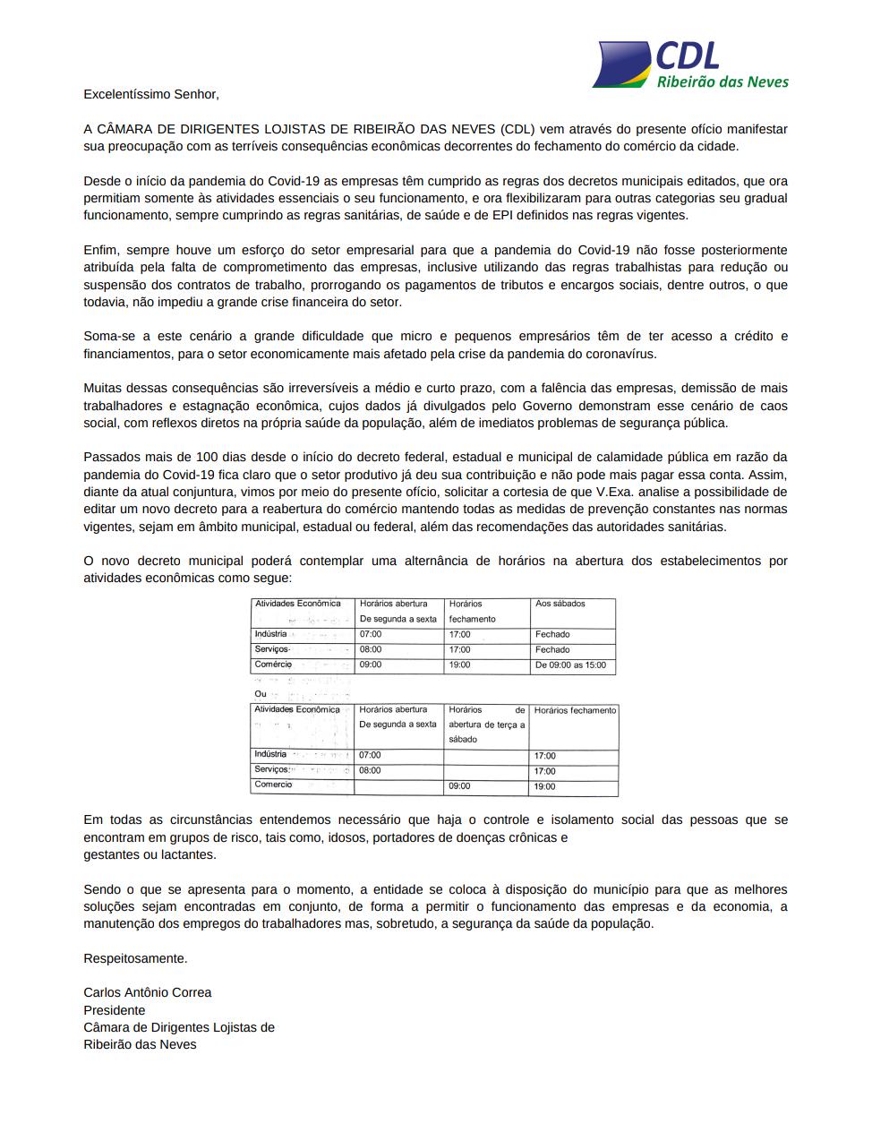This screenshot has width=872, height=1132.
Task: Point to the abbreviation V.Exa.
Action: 616,492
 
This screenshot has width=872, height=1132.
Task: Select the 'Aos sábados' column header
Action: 560,604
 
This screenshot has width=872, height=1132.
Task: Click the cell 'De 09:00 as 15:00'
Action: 570,665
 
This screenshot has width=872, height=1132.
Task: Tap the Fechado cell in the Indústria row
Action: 552,634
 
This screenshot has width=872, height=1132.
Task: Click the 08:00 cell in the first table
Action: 371,649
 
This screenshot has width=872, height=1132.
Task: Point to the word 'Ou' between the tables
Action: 261,693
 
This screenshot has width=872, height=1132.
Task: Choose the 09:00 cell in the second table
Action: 459,786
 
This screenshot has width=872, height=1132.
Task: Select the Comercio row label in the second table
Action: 273,785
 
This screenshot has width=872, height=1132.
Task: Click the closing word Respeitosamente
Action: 135,957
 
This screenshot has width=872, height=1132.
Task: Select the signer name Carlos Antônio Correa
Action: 148,992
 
